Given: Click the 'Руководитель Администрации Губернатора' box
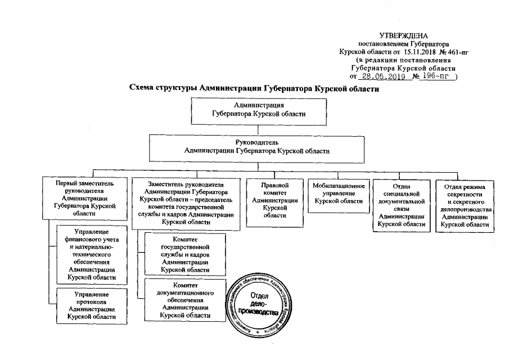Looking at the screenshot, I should click(x=258, y=147).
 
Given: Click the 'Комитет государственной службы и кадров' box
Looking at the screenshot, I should click(x=186, y=254).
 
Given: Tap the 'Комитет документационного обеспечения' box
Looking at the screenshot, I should click(x=186, y=299).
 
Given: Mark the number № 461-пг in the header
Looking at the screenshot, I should click(x=456, y=51).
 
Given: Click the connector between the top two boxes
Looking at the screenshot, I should click(x=258, y=129).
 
